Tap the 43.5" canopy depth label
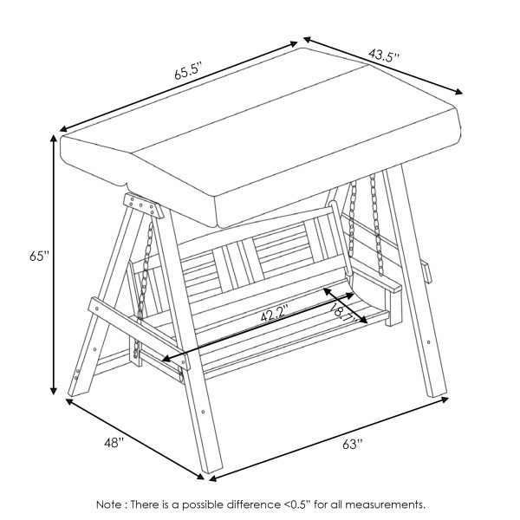[383, 55]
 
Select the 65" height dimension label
[39, 257]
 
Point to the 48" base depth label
[114, 442]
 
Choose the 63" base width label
[353, 444]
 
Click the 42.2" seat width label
[274, 315]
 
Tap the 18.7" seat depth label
[343, 312]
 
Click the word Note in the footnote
[109, 505]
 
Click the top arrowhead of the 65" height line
[54, 139]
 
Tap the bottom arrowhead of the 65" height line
[53, 391]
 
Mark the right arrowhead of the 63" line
[445, 400]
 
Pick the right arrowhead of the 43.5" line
[458, 92]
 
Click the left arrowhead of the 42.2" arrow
[166, 359]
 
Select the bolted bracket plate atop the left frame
[143, 205]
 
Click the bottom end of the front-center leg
[212, 470]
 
